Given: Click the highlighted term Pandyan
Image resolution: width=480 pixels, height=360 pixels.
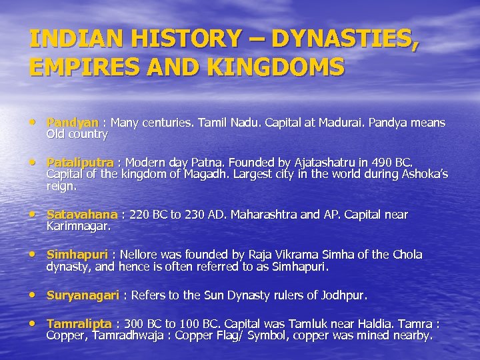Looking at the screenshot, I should (72, 123).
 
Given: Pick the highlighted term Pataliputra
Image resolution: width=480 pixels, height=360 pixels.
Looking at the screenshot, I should (80, 163).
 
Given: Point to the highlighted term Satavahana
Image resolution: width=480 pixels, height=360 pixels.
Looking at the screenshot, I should (82, 215).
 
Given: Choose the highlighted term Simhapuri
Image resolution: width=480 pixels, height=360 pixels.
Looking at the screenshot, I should (77, 255).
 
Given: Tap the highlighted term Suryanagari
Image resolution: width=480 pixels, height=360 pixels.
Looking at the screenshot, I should (83, 295).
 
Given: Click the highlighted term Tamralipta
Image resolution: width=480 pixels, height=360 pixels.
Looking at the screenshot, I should (79, 323).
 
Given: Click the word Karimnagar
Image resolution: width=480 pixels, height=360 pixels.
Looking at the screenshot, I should (77, 226).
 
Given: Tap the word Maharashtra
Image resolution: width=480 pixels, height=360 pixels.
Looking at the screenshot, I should (256, 215).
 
